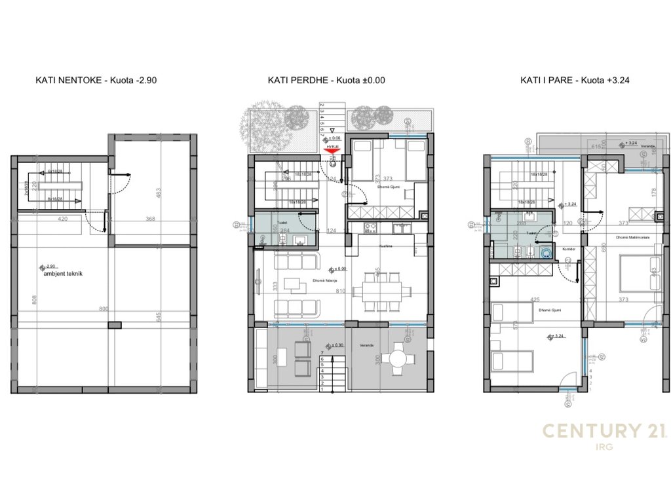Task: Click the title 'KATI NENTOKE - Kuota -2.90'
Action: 96,81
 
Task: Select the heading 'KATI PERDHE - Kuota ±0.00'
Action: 326,81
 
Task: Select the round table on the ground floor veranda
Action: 397,358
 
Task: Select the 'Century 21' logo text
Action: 604,430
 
